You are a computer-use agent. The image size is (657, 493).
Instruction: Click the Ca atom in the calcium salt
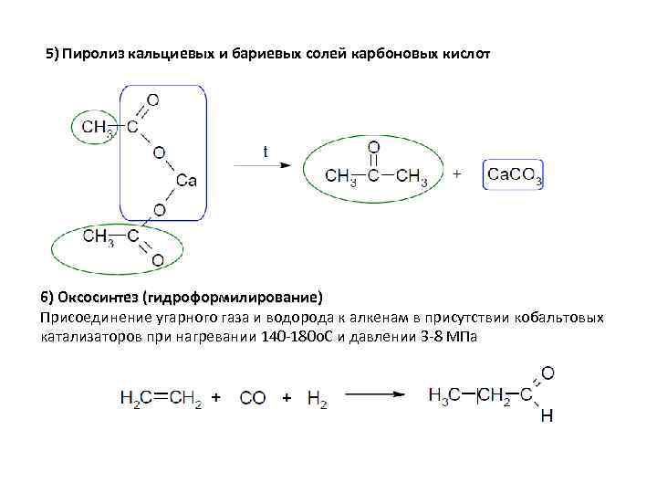(x=186, y=181)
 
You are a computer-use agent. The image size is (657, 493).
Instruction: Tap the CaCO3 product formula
(x=515, y=174)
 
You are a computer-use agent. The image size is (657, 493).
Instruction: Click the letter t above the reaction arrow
(x=266, y=152)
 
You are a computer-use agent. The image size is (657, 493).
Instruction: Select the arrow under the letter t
(x=263, y=165)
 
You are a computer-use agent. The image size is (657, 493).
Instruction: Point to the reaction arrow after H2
(x=374, y=394)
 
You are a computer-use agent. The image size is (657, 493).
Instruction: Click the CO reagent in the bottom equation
(x=253, y=398)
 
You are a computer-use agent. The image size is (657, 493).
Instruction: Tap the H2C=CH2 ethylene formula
(x=160, y=398)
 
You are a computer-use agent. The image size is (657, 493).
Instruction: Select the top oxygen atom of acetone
(x=372, y=146)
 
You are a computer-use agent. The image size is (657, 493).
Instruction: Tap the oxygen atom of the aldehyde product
(x=547, y=372)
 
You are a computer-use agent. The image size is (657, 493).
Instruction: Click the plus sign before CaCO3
(x=457, y=173)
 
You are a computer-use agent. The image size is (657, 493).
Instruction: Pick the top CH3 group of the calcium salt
(x=99, y=127)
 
